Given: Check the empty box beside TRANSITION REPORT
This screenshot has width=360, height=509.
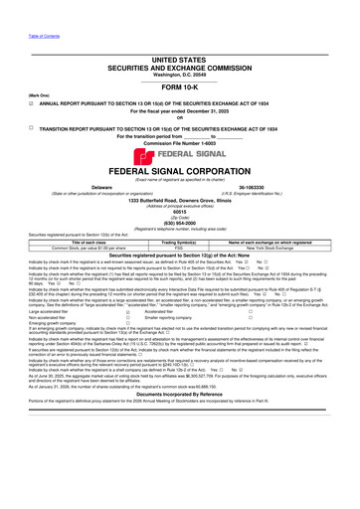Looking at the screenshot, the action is coord(7,99).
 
